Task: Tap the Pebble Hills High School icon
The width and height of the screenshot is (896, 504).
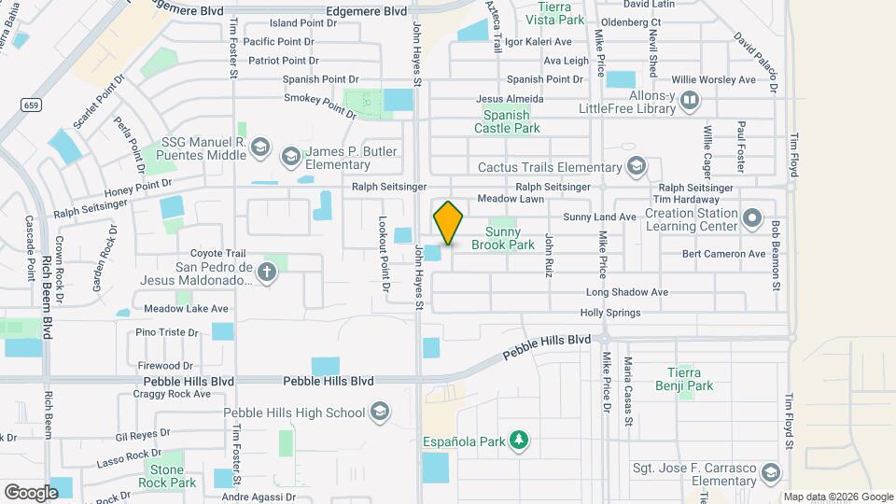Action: [379, 412]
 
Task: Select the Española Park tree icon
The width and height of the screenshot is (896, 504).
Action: [520, 440]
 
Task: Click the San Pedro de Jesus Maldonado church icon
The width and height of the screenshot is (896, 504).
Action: [268, 273]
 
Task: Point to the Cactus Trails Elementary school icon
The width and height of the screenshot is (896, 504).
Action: [637, 167]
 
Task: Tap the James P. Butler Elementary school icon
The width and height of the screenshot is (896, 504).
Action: [291, 157]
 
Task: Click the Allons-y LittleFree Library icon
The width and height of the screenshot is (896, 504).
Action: [690, 100]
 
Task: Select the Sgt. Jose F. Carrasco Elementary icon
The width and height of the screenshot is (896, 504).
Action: [769, 473]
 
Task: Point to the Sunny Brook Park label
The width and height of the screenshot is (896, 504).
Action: [510, 238]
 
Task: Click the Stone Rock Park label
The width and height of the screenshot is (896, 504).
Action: [167, 476]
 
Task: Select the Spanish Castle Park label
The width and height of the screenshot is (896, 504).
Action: [511, 121]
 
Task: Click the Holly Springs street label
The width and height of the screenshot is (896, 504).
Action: [610, 313]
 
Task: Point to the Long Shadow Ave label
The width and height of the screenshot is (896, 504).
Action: [626, 292]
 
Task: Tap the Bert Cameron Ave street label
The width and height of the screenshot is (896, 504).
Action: [723, 254]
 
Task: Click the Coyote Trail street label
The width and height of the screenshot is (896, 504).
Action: [217, 253]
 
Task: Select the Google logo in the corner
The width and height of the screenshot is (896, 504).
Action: [31, 492]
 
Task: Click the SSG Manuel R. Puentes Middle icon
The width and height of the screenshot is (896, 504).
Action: [260, 147]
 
